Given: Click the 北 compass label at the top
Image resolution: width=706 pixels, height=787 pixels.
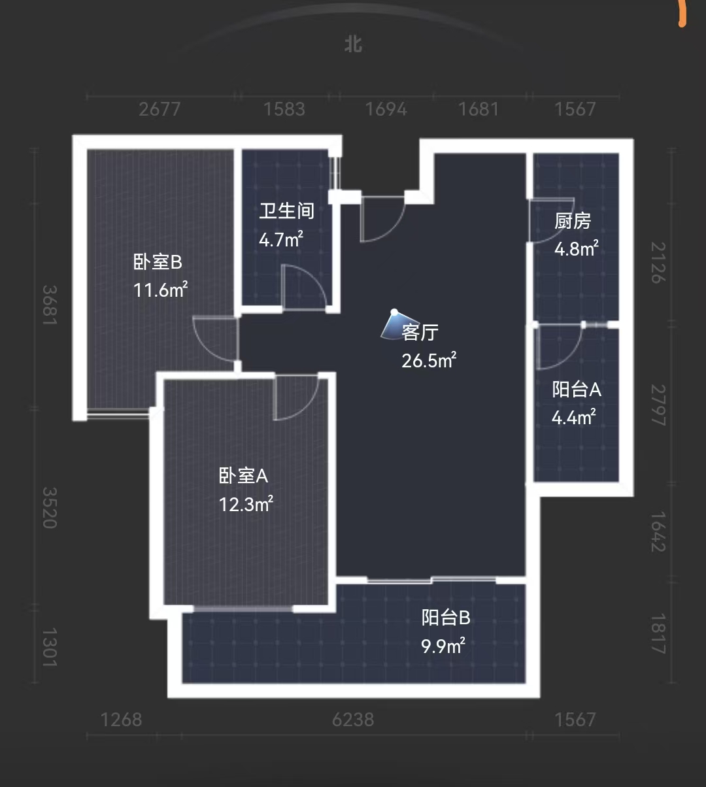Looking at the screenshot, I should click(x=353, y=44).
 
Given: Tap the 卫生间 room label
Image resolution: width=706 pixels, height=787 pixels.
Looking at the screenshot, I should click(x=286, y=210).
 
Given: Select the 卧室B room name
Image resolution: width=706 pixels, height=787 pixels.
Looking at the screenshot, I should click(x=158, y=262).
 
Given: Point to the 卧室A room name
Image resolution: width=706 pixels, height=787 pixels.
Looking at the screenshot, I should click(x=243, y=475).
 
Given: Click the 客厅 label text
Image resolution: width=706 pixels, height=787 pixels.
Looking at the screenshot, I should click(x=420, y=332).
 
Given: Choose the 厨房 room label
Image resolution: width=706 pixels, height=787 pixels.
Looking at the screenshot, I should click(x=573, y=221).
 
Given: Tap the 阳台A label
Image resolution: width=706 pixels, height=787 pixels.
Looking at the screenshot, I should click(x=576, y=389).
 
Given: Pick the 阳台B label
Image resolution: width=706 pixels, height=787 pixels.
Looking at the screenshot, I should click(x=446, y=617).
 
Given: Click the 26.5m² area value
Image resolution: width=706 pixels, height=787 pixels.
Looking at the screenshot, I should click(x=428, y=360).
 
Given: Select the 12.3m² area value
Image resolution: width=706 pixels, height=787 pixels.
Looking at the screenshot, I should click(x=245, y=504).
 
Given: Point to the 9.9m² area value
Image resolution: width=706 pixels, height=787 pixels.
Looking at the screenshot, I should click(x=443, y=646).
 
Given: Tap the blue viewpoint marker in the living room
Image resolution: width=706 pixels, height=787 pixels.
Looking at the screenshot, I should click(x=392, y=324).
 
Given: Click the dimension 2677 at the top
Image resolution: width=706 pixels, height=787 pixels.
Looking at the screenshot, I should click(x=160, y=109).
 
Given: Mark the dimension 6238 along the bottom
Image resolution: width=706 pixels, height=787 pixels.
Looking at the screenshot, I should click(x=353, y=719).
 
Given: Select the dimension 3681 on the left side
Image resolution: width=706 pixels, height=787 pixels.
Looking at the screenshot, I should click(x=50, y=305).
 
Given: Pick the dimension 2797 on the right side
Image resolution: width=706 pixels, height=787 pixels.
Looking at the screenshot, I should click(x=657, y=405).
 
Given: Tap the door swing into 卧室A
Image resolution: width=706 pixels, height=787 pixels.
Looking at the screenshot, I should click(x=295, y=397).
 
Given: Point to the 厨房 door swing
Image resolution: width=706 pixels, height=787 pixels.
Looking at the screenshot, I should click(x=551, y=220).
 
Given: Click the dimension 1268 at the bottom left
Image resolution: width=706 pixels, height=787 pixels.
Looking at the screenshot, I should click(x=121, y=719).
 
